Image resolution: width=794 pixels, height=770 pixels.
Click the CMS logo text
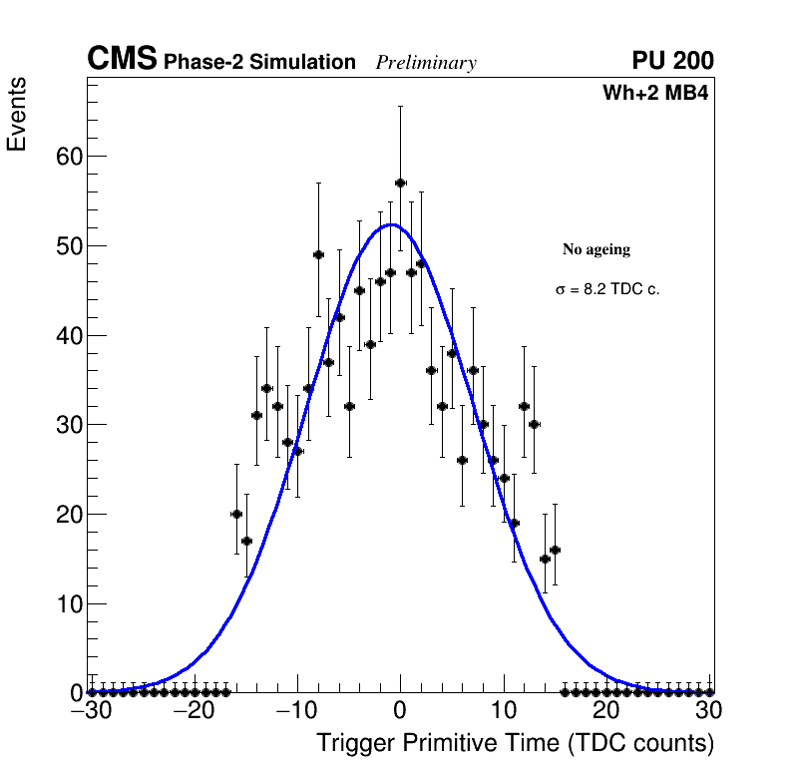pos(122,60)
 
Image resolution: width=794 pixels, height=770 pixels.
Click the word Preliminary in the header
pos(426,63)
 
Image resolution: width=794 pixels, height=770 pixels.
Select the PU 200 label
pos(672,61)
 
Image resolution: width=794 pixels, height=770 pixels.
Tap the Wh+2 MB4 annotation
pos(655,94)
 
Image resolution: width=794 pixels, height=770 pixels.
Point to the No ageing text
pos(596,249)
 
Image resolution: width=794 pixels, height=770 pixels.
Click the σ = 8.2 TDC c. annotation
pos(607,289)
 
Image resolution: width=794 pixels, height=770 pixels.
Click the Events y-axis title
pos(17,114)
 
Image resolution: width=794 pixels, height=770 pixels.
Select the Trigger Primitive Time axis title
pos(515,743)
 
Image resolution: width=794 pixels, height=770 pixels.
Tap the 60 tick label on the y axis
pos(68,157)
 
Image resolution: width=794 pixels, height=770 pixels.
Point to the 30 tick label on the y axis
pos(68,425)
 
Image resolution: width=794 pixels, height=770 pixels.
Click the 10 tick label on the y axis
pos(68,604)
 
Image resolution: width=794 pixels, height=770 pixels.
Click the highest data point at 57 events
pos(400,183)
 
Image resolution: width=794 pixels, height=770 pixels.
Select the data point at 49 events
pos(318,254)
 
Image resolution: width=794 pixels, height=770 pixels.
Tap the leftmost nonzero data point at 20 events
pos(236,514)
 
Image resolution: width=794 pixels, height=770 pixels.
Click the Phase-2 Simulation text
pos(259,63)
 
